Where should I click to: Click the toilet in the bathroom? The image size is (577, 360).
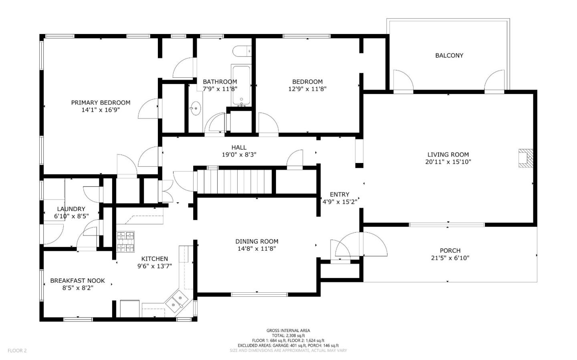coord(241,51)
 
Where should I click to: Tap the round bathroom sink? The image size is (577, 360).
coord(196,108)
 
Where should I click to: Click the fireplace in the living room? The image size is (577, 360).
coord(526,158)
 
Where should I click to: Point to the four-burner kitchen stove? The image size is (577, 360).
coord(125,242)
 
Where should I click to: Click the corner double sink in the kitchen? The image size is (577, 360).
coord(177,302)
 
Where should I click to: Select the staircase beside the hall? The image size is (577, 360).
coord(234,181)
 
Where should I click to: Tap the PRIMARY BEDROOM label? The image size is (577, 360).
coord(101,103)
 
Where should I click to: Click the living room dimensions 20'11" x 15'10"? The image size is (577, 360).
coord(448,162)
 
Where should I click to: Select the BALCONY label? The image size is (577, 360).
coord(449,56)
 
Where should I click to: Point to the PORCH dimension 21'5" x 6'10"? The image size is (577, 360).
coord(450,258)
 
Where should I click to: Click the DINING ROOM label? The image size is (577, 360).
coord(256,241)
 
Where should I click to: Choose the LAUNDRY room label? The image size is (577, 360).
coord(71,209)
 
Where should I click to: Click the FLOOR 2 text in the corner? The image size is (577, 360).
coord(17,350)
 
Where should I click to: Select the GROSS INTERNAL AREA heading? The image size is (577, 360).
coord(288,330)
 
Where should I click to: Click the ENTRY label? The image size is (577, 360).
coord(339,194)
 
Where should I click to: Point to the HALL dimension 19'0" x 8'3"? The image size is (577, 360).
coord(239,155)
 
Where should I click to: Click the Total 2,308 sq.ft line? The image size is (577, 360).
coord(288,336)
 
